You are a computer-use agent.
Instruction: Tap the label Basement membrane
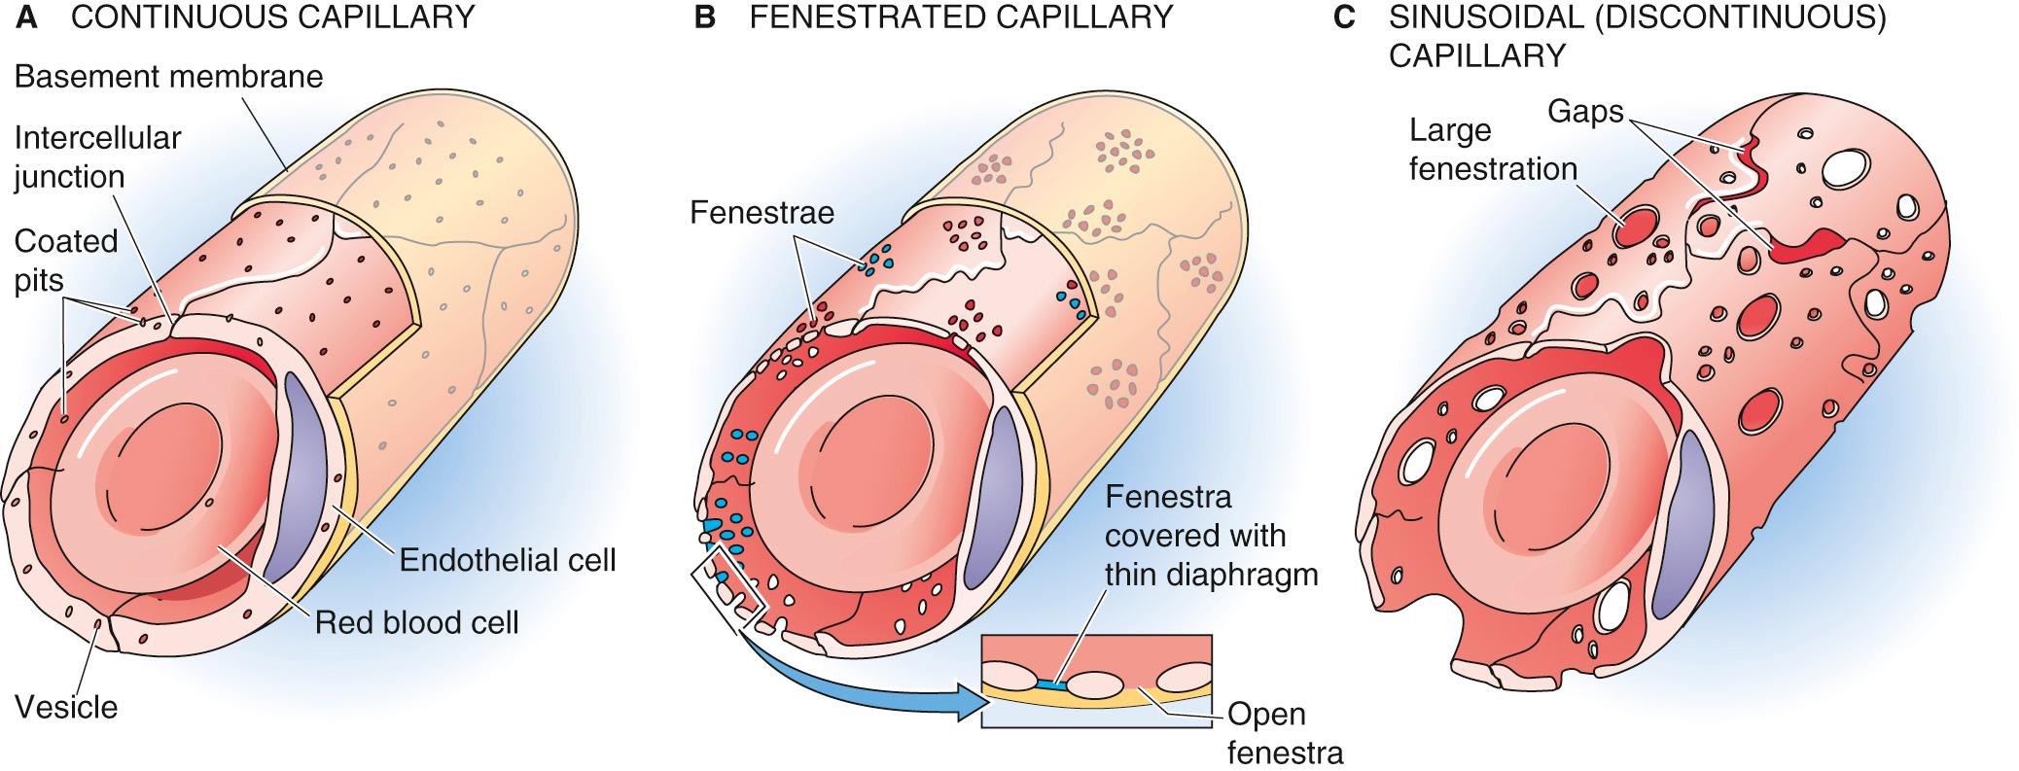[169, 77]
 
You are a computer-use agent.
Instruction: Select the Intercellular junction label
[97, 157]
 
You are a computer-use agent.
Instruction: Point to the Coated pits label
[66, 261]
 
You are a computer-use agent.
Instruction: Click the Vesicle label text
[66, 707]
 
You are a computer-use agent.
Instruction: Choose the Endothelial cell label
[508, 560]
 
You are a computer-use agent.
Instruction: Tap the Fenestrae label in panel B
[762, 213]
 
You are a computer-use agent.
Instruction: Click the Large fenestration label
[1492, 150]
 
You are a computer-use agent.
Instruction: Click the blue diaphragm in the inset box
[1049, 685]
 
